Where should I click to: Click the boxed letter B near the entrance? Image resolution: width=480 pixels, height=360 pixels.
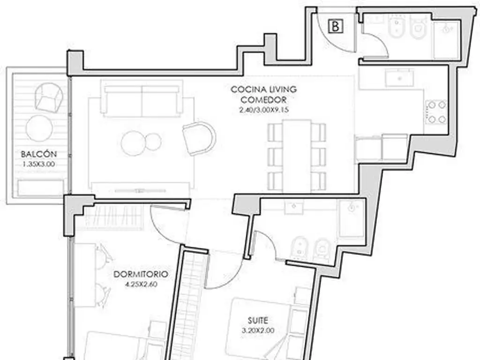[336, 26]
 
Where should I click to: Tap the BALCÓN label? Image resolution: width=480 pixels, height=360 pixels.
[39, 154]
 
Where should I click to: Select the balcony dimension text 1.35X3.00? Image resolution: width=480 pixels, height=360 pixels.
[39, 164]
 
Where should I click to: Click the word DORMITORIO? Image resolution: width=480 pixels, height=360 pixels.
[141, 274]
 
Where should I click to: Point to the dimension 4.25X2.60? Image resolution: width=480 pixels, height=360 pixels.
[141, 285]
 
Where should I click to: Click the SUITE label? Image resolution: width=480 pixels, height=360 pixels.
[258, 321]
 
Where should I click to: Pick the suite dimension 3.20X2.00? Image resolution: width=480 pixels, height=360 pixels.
[258, 330]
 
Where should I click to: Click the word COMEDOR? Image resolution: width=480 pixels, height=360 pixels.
[263, 100]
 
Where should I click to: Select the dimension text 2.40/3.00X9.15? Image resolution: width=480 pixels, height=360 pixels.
[264, 110]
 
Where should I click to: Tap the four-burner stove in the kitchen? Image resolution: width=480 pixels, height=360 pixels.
[436, 112]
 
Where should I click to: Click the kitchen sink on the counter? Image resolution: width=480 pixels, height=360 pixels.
[399, 78]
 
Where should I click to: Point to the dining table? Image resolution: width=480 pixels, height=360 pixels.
[297, 156]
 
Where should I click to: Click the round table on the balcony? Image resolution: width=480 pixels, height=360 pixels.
[39, 128]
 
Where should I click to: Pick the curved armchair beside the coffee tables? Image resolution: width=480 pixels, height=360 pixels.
[199, 138]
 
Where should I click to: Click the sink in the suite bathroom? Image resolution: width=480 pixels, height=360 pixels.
[294, 207]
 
